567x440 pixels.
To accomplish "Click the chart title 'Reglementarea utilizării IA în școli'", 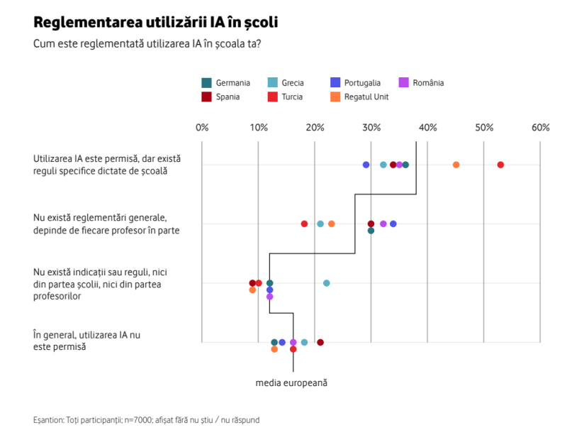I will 155,22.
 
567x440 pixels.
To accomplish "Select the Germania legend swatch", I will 207,83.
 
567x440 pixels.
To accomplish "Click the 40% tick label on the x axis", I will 427,128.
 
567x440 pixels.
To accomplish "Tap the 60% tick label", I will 541,128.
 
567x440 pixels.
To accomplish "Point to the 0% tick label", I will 202,128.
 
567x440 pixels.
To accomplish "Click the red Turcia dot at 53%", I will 500,165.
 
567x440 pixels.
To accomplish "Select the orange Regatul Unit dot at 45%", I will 456,165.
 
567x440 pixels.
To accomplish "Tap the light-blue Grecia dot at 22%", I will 327,283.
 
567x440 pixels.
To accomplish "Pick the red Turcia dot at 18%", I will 304,224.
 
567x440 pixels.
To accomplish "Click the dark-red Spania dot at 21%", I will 320,342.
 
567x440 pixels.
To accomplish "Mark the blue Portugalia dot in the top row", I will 366,165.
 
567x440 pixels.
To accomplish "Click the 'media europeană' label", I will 291,383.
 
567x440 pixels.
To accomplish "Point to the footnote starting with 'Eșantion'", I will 146,420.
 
